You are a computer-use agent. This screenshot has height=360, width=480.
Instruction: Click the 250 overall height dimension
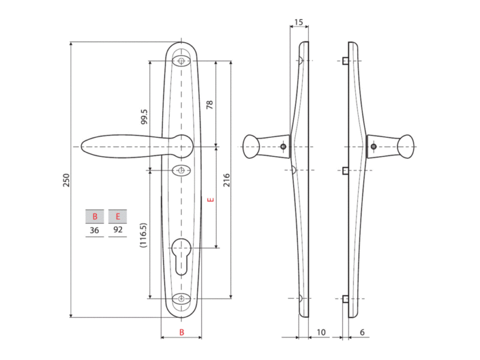(x=66, y=181)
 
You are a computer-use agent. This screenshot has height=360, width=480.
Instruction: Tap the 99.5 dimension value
(x=144, y=116)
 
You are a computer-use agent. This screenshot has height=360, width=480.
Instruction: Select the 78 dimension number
(x=209, y=104)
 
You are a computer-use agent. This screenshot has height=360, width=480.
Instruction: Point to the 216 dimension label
(x=226, y=180)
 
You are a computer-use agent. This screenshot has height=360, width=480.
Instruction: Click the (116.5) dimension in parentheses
(x=143, y=235)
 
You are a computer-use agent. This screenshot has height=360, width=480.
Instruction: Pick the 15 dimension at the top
(x=298, y=22)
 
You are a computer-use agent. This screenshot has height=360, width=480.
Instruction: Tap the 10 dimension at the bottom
(x=321, y=332)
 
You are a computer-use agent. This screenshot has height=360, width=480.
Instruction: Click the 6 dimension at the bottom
(x=362, y=332)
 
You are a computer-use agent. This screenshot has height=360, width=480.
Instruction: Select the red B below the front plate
(x=182, y=332)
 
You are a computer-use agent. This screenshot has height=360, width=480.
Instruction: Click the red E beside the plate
(x=211, y=200)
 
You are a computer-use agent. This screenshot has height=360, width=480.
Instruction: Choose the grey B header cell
(x=95, y=217)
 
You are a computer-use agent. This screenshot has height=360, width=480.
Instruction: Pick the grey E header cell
(x=118, y=217)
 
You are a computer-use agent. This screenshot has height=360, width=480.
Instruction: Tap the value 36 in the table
(x=94, y=230)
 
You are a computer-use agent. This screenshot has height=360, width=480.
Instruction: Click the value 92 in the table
(x=118, y=229)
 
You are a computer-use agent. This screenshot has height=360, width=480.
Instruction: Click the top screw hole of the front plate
(x=181, y=61)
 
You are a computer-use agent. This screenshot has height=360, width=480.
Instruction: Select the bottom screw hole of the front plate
(x=181, y=298)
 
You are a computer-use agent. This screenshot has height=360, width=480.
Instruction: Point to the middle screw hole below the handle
(x=181, y=170)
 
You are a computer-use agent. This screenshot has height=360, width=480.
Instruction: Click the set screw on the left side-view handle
(x=283, y=146)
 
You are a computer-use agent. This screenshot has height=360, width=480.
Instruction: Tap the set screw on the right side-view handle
(x=373, y=146)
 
